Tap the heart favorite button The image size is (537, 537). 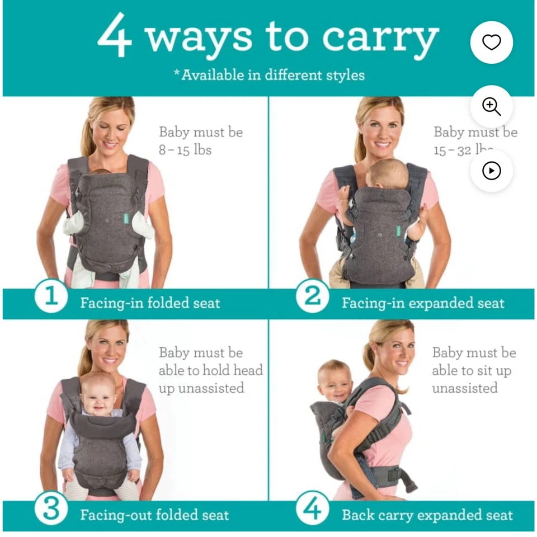click(491, 43)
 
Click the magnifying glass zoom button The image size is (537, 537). click(491, 106)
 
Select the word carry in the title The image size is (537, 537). click(380, 38)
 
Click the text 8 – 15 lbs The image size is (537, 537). click(185, 150)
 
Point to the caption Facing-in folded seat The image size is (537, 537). click(150, 303)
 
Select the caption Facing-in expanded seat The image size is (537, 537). click(423, 303)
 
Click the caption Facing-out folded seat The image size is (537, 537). click(154, 515)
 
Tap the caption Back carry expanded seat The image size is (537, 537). click(427, 515)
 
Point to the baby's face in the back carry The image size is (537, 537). click(334, 384)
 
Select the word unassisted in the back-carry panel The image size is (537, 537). click(464, 388)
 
